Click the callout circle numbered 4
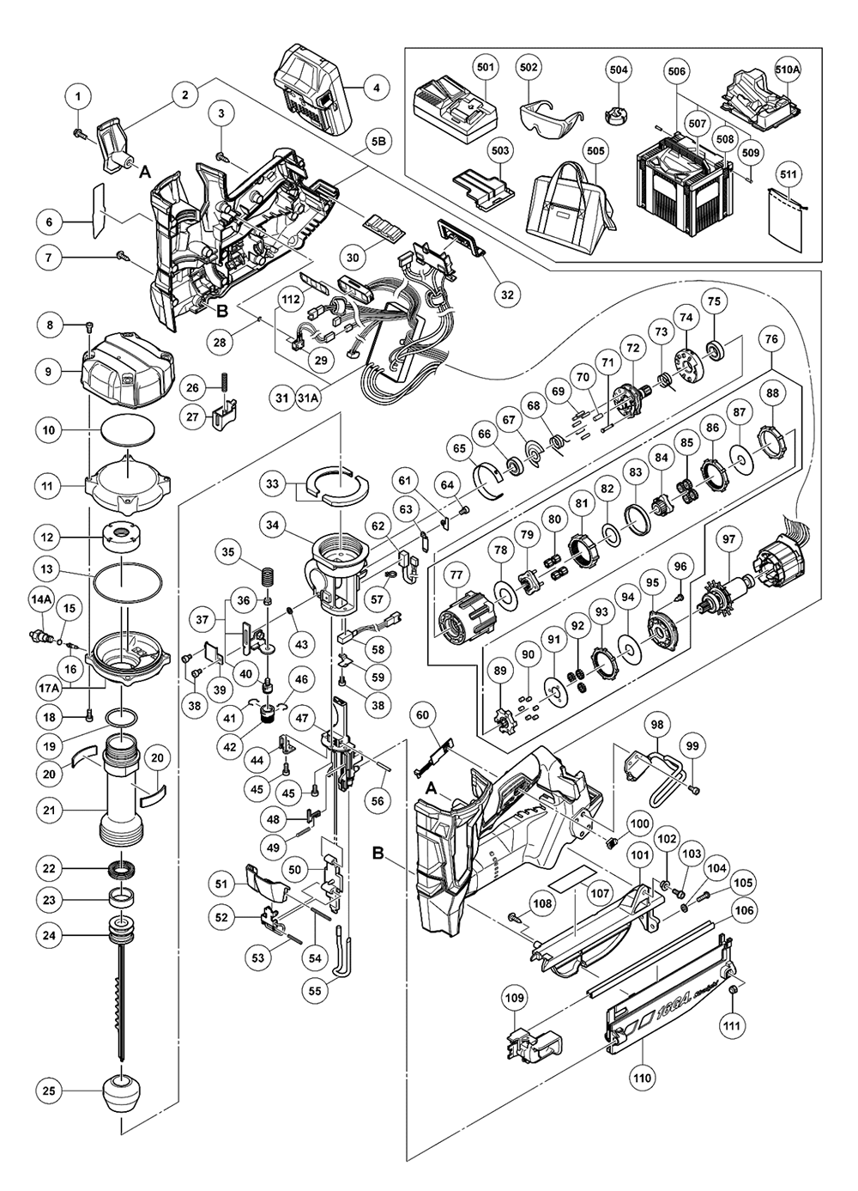click(x=375, y=87)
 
